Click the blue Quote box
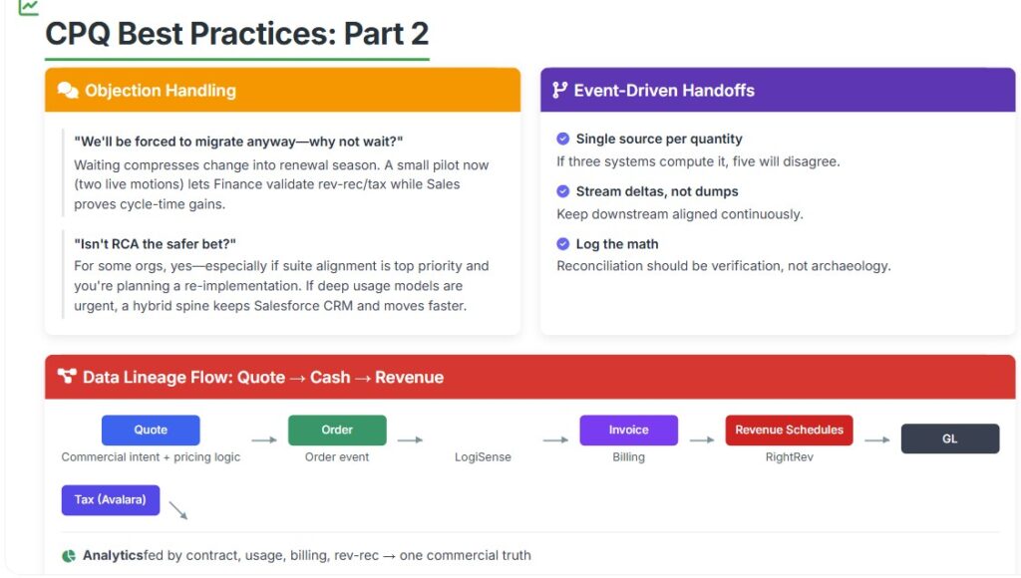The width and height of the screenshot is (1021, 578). pos(151,431)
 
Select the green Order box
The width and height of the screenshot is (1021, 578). pos(337,431)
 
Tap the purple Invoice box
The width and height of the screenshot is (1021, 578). pos(628,431)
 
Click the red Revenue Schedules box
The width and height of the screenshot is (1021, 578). pos(790,431)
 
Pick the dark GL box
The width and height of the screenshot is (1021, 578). pos(950,438)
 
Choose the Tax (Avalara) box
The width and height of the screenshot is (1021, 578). pos(111,500)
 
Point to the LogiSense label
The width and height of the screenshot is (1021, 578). pos(483,457)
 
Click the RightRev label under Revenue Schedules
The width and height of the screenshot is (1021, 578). pos(790,457)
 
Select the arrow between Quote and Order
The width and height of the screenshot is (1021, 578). pos(264,440)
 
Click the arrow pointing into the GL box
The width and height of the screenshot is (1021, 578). pos(877,440)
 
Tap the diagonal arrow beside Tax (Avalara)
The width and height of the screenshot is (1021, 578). pos(178,510)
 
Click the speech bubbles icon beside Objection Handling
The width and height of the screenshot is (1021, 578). pos(68,90)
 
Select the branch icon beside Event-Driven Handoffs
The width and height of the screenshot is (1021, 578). pos(559,90)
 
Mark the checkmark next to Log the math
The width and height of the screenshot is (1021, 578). pos(563,244)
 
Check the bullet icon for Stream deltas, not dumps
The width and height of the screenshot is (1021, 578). pos(563,191)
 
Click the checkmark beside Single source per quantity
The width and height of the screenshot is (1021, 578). pos(563,139)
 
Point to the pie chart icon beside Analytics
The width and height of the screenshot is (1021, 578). pos(69,556)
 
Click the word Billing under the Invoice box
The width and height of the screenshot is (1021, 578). pos(628,457)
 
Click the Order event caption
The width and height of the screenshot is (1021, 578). pos(337,457)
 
